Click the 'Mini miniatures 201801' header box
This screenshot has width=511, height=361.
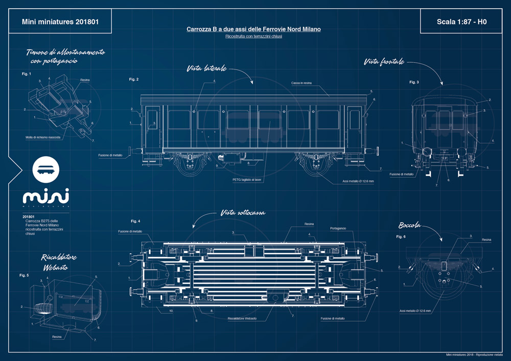pos(60,22)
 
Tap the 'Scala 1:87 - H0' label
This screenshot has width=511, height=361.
pos(461,22)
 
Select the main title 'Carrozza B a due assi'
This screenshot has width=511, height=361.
pos(253,30)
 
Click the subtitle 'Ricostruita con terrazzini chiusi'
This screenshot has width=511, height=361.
pos(253,37)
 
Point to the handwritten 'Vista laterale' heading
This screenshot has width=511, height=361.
pos(206,68)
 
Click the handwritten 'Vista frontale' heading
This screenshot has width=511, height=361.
pos(384,62)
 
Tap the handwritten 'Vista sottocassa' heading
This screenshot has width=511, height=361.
pos(243,212)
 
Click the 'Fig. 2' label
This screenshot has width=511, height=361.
pos(134,79)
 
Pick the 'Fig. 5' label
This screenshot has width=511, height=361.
pos(25,275)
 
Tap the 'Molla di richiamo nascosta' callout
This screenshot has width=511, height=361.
pos(46,137)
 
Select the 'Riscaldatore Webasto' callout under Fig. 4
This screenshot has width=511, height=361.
pos(242,319)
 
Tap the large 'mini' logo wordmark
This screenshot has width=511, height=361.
pos(46,197)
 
